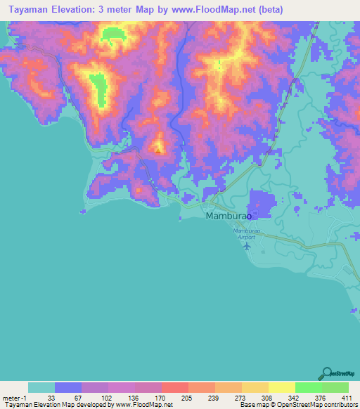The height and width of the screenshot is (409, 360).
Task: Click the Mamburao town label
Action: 229,217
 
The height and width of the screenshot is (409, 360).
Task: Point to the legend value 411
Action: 346,398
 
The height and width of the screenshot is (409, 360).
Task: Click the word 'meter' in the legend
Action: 11,398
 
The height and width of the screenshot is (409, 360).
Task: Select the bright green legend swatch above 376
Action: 309,387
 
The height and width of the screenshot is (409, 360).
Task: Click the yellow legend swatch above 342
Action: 282,387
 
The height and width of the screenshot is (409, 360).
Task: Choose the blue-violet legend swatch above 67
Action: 68,387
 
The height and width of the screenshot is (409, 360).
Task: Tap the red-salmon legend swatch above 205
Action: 175,387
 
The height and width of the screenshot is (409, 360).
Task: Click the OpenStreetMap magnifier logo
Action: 327,374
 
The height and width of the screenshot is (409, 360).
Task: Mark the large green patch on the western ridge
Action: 100,88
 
